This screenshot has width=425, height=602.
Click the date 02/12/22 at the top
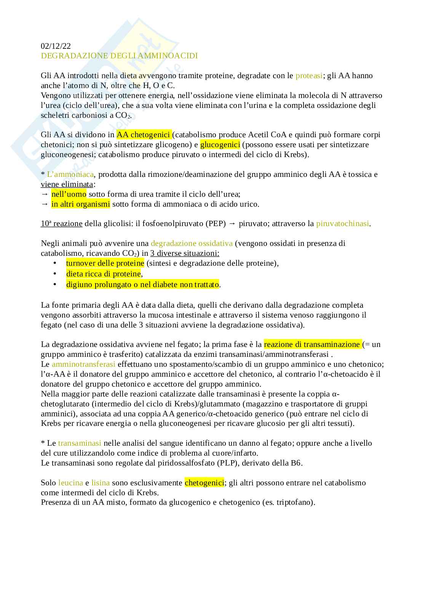[x=56, y=46]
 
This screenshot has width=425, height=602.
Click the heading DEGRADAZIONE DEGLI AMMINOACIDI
[x=119, y=56]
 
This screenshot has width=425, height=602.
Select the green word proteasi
[x=309, y=75]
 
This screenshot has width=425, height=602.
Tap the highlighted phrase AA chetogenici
[x=144, y=135]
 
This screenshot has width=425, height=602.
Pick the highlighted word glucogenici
[x=220, y=144]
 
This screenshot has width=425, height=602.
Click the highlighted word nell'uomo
[x=69, y=194]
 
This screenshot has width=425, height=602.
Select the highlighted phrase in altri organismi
[x=80, y=204]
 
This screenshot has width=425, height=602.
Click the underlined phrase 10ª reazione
[x=61, y=223]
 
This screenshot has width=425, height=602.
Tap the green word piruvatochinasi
[x=342, y=223]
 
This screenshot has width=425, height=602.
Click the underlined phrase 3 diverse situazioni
[x=185, y=253]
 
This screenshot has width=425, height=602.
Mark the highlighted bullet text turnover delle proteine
[x=105, y=263]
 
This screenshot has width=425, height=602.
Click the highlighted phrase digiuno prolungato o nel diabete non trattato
[x=142, y=284]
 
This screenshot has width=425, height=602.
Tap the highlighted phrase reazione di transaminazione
[x=312, y=344]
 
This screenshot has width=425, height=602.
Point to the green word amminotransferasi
[x=83, y=364]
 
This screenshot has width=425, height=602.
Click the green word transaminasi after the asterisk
[x=80, y=443]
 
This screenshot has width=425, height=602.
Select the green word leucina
[x=70, y=483]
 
